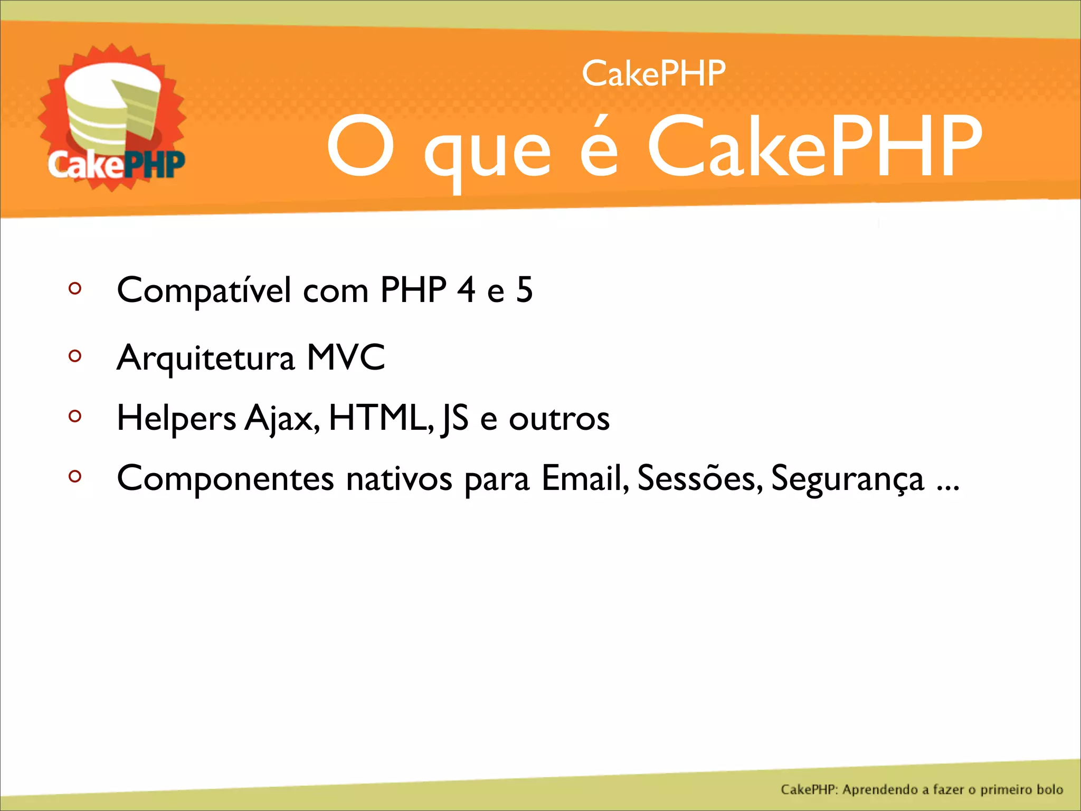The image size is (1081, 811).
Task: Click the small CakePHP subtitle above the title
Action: point(653,74)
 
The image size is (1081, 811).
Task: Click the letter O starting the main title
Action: point(361,146)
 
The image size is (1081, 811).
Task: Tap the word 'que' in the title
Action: point(487,153)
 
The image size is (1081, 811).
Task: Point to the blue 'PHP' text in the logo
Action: point(154,165)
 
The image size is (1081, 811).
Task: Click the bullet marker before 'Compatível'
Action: point(75,288)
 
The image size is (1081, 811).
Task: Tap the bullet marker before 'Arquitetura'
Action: point(75,356)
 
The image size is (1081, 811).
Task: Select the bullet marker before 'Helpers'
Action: point(75,416)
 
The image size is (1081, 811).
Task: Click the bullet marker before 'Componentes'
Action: point(75,476)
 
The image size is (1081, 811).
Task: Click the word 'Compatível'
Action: point(204,290)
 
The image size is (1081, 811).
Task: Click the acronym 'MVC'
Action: point(346,357)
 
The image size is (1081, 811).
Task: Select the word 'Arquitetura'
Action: point(205,359)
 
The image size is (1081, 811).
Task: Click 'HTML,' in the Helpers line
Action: point(381,418)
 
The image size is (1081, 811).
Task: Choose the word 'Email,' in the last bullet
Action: point(585,478)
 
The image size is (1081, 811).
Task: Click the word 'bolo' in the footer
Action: point(1049,789)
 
